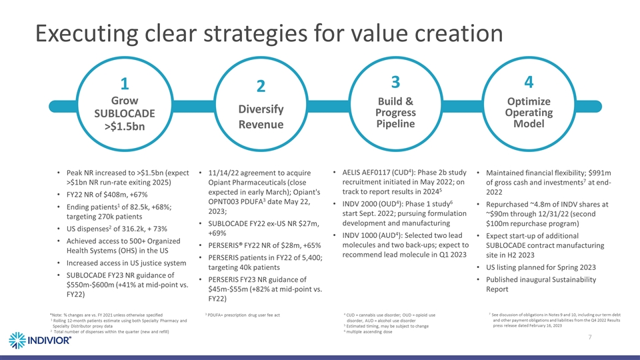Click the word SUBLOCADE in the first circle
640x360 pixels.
click(124, 113)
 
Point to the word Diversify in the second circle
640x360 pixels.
click(261, 109)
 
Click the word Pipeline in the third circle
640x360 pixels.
click(395, 124)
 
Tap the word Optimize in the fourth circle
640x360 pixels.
click(529, 101)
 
